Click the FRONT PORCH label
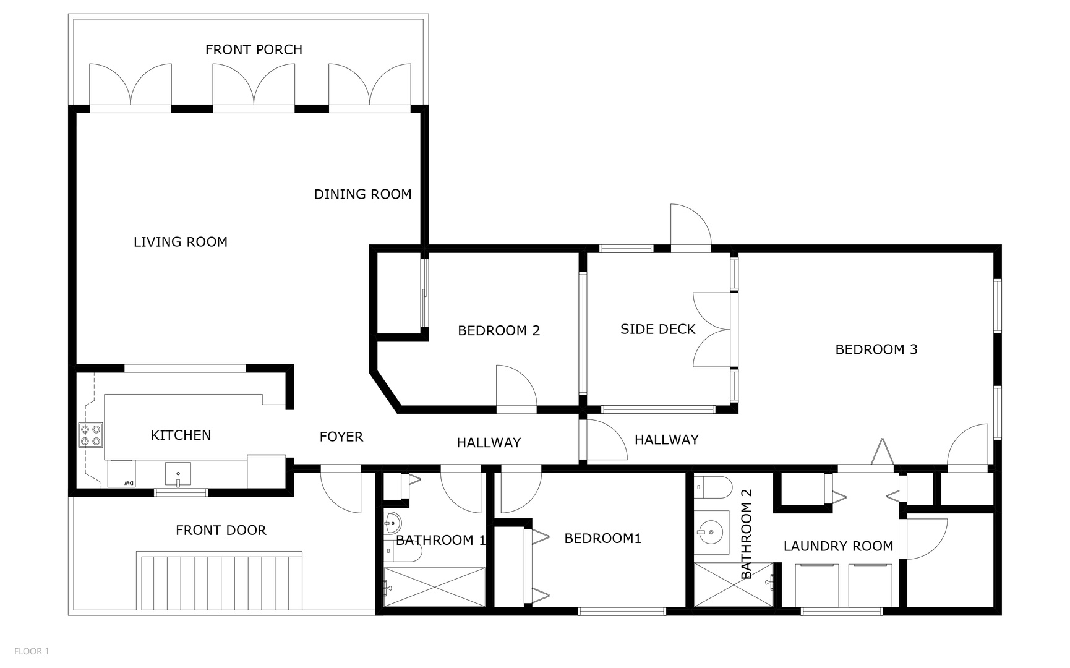tap(254, 49)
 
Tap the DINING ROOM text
tap(362, 194)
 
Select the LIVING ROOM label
tap(181, 242)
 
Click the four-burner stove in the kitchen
tap(90, 435)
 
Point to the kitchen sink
tap(178, 474)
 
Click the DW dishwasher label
tap(129, 482)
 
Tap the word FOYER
tap(341, 437)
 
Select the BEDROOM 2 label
tap(499, 330)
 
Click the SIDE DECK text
tap(657, 329)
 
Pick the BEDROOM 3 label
tap(876, 349)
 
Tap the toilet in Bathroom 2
tap(711, 487)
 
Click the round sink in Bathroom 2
tap(711, 531)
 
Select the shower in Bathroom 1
tap(434, 586)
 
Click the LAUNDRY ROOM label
tap(838, 546)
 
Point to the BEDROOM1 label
tap(602, 538)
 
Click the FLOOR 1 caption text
tap(32, 651)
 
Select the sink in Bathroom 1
tap(392, 525)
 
